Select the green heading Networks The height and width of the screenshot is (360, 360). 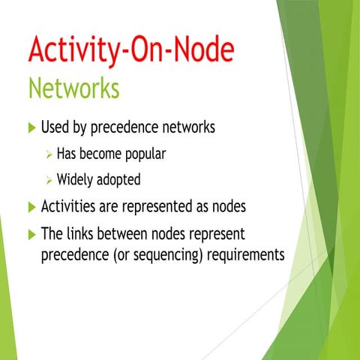point(73,89)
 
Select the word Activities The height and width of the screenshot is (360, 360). point(72,206)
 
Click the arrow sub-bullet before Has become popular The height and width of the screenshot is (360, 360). point(49,154)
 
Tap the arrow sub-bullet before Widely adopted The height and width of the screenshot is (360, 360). point(49,181)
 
